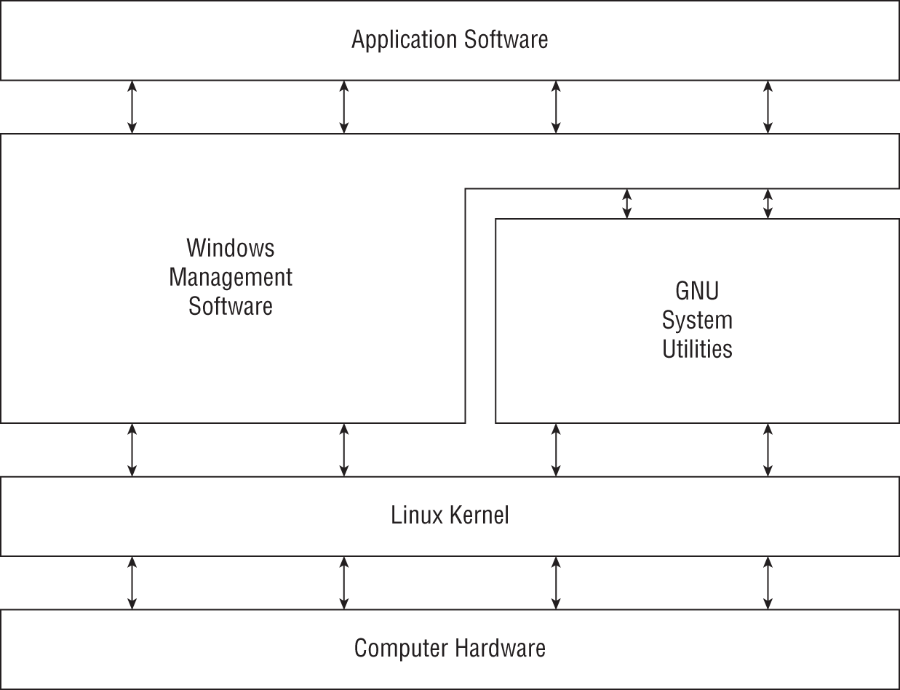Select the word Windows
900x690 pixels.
[231, 248]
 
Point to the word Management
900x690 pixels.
[231, 277]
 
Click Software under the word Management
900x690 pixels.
[231, 306]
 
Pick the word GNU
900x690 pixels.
[697, 291]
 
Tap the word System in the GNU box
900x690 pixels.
[697, 321]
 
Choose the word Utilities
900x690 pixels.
[697, 349]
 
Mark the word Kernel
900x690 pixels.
[479, 516]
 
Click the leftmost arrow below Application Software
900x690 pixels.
[132, 107]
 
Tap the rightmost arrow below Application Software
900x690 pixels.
[768, 107]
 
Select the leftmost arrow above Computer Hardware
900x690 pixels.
[132, 583]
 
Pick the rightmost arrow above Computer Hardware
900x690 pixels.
[768, 583]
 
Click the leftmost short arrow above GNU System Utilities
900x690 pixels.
[627, 204]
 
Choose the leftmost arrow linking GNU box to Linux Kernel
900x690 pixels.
[556, 450]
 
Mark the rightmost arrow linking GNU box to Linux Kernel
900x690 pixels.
[768, 450]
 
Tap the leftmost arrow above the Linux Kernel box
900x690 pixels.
[132, 450]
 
